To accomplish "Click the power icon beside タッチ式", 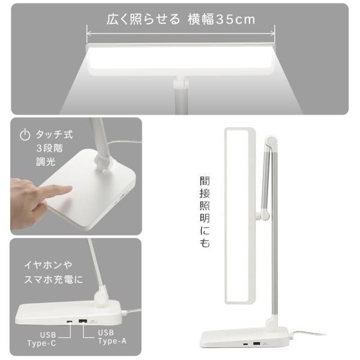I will pos(24,135).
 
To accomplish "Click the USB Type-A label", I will pos(113,338).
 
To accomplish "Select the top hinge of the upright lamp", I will pos(272,143).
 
